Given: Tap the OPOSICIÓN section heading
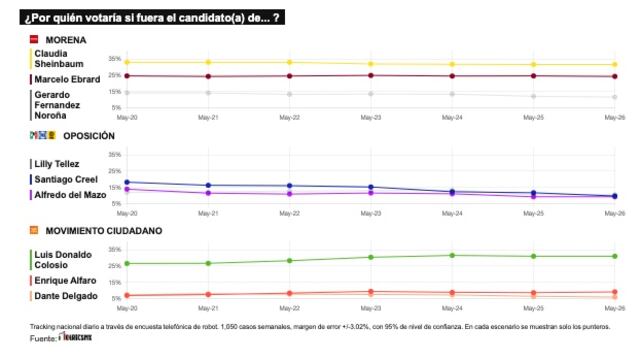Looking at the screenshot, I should tap(88, 135).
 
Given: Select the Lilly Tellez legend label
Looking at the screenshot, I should tap(56, 163).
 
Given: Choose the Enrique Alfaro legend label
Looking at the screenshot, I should tap(65, 281).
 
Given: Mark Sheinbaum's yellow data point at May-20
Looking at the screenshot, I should tap(127, 62).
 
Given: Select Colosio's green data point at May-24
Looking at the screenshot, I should tap(452, 255).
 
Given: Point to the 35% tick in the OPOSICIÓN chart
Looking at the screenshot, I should tap(115, 155).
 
